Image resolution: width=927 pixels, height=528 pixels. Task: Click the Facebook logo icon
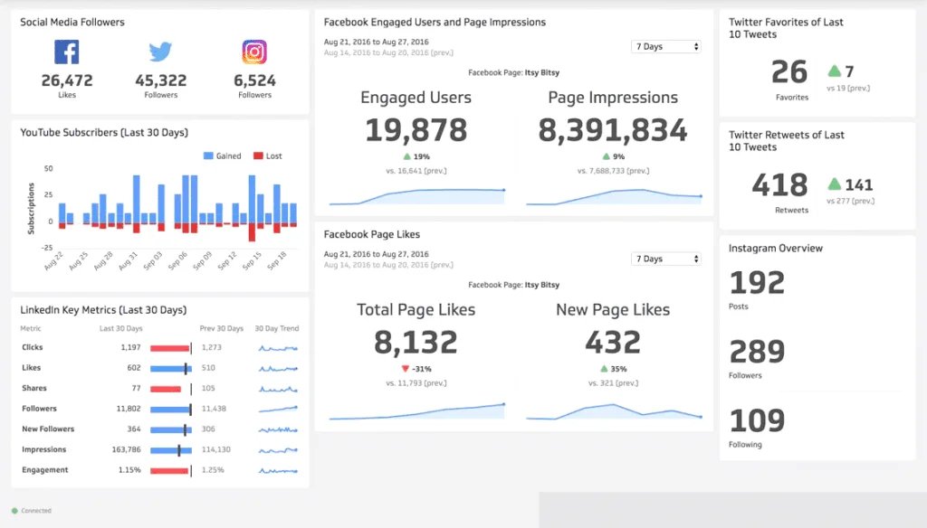[67, 52]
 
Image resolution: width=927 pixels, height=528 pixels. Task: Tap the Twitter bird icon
[160, 52]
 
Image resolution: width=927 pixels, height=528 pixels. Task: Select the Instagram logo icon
[254, 52]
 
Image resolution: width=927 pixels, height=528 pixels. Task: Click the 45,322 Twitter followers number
[160, 80]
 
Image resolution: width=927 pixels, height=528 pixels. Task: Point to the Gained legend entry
[222, 156]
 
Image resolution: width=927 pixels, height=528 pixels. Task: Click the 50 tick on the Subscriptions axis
[48, 169]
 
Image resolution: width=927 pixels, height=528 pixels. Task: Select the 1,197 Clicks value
[130, 347]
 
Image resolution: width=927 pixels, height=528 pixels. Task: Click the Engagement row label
[45, 470]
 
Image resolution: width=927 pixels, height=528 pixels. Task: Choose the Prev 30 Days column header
[221, 328]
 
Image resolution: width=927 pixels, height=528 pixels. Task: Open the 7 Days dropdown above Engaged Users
[666, 46]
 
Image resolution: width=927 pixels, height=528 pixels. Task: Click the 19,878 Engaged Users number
[416, 130]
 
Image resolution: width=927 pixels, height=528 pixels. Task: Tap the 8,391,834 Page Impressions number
[613, 130]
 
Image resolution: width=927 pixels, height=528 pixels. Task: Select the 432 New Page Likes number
[613, 342]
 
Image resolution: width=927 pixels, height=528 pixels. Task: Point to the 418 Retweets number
[779, 185]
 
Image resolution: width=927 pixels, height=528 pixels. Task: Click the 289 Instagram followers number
[757, 352]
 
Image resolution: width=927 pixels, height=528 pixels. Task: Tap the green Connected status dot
[14, 511]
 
